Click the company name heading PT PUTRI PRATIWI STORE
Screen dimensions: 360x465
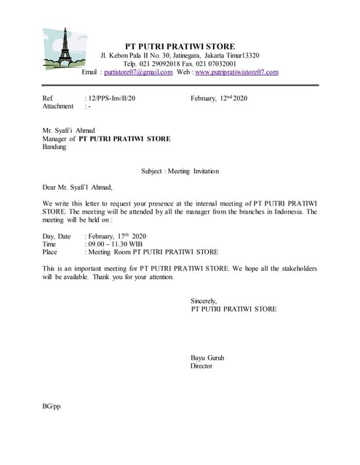pyautogui.click(x=180, y=46)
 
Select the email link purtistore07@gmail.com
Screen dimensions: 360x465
pyautogui.click(x=138, y=72)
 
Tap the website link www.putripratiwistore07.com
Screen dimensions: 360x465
pyautogui.click(x=236, y=72)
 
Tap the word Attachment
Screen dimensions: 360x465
pyautogui.click(x=58, y=106)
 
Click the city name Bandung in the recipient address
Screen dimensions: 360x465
pyautogui.click(x=55, y=146)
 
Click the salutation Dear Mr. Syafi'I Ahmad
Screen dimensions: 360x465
pyautogui.click(x=78, y=187)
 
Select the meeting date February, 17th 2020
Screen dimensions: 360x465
pyautogui.click(x=117, y=236)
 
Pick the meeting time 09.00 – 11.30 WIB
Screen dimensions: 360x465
pyautogui.click(x=115, y=244)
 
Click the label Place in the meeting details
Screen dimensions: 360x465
pyautogui.click(x=49, y=252)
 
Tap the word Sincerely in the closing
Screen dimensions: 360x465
pyautogui.click(x=204, y=301)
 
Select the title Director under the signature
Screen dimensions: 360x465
pyautogui.click(x=201, y=366)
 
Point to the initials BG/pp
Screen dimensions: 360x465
pyautogui.click(x=52, y=406)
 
